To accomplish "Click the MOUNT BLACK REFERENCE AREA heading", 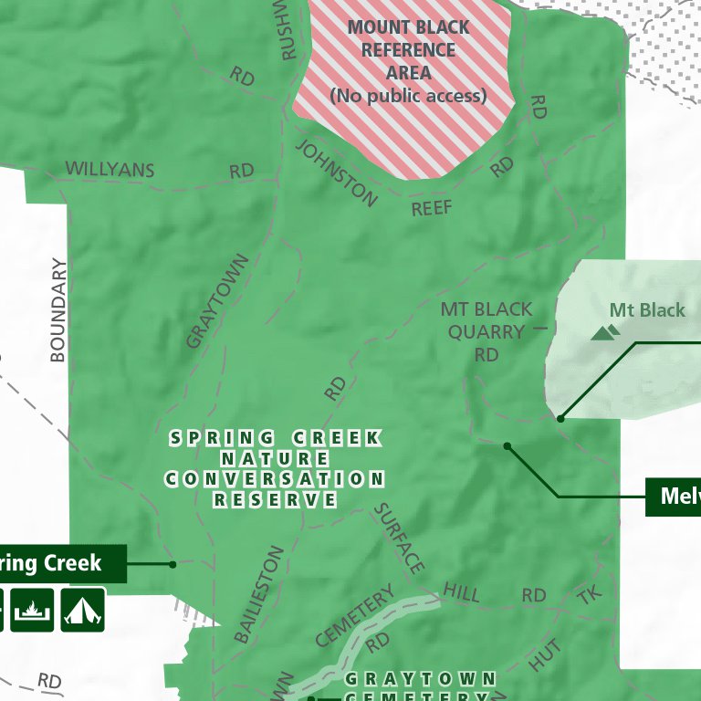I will coord(408,50).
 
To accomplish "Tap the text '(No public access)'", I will coord(408,95).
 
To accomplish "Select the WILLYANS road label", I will coord(110,170).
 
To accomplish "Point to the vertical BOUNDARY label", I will coord(59,310).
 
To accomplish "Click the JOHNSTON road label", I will coord(336,173).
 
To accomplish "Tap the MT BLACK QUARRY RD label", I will coord(487,331).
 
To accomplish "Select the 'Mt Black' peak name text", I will coord(647,310).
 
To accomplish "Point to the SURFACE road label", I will coord(400,539).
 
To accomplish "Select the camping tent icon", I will coord(83,609).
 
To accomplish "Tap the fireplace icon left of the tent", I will coord(32,609).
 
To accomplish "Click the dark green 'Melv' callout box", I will coord(674,497).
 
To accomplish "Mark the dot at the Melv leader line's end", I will coord(507,446).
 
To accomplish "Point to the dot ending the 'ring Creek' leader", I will coord(173,564).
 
